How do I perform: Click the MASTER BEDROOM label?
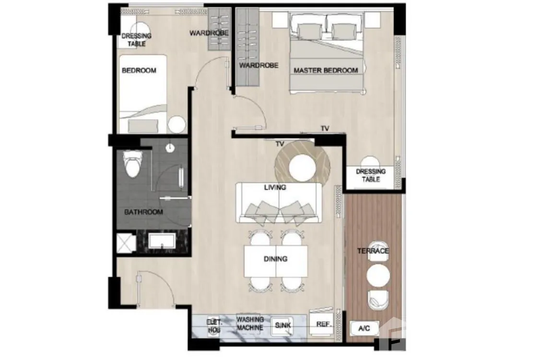point(326,71)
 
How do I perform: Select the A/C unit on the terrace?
point(365,328)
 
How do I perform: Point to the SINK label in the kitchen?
point(282,325)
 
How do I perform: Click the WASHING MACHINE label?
point(250,324)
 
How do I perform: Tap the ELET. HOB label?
point(214,326)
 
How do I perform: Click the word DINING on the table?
point(275,259)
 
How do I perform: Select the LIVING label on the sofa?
point(275,187)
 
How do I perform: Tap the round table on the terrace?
point(378,276)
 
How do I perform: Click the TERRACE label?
point(373,251)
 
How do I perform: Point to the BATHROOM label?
point(143,212)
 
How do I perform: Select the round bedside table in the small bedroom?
point(176,125)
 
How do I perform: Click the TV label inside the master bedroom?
point(325,128)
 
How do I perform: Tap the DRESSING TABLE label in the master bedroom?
point(371,175)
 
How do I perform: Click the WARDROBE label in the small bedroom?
point(209,33)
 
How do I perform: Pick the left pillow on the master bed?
point(309,31)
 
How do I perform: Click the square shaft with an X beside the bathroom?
point(126,243)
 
